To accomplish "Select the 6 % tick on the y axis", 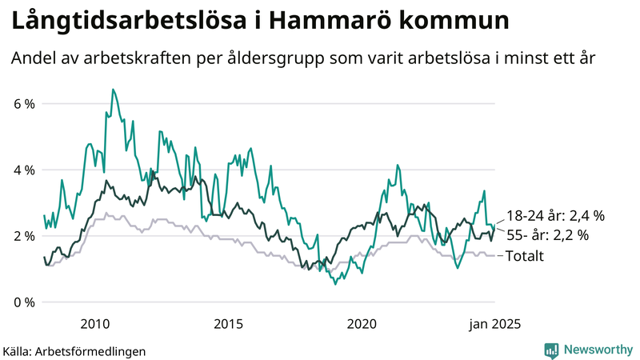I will click(x=23, y=104).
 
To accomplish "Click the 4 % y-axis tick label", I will click(x=23, y=170).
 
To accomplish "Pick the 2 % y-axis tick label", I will click(x=23, y=236).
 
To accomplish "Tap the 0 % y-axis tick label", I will click(x=23, y=302).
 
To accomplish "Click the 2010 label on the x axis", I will click(x=94, y=324).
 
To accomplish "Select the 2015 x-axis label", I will click(x=228, y=324).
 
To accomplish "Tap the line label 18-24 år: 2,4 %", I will click(x=555, y=216).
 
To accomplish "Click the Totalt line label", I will click(x=526, y=256).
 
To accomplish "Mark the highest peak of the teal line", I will click(x=113, y=90).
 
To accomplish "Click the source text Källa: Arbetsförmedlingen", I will click(x=74, y=350).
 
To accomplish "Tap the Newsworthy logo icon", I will click(x=551, y=350).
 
